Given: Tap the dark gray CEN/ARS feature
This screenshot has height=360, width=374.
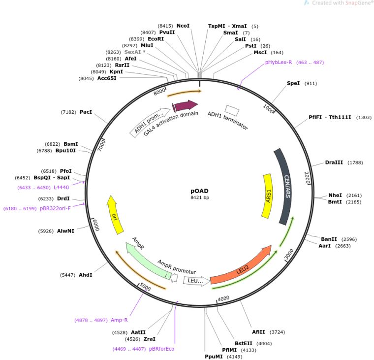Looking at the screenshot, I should (x=285, y=193).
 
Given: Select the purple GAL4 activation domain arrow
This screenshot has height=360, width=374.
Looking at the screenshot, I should (x=186, y=105).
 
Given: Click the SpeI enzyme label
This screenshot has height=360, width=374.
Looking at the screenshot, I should (x=293, y=83).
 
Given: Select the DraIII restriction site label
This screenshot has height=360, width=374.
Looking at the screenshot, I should (x=334, y=162).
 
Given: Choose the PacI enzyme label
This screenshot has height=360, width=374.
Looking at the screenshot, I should (x=86, y=112).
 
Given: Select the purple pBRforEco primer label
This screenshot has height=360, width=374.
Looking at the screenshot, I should (x=161, y=349).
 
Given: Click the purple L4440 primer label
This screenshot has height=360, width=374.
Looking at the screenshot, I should (x=62, y=187).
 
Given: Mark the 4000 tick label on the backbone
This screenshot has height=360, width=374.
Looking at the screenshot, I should (x=224, y=298).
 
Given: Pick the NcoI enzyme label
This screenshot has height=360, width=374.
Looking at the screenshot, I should (x=183, y=26).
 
